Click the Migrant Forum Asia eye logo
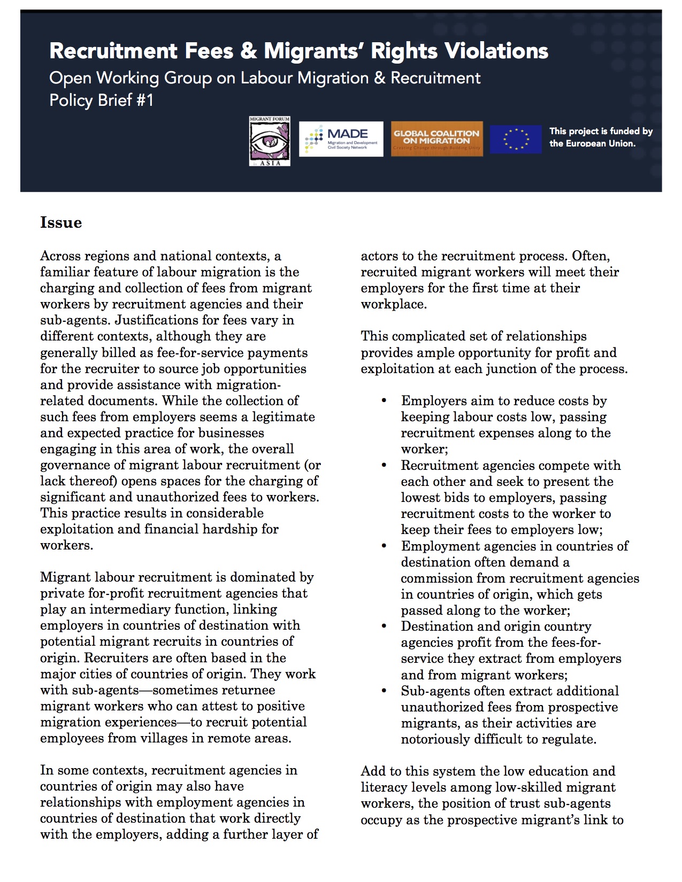pyautogui.click(x=270, y=141)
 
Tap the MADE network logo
pyautogui.click(x=341, y=139)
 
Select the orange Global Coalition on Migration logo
pyautogui.click(x=436, y=139)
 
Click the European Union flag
pyautogui.click(x=515, y=139)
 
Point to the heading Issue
pyautogui.click(x=61, y=223)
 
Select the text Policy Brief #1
pyautogui.click(x=101, y=100)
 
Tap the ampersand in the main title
pyautogui.click(x=248, y=51)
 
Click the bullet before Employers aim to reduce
pyautogui.click(x=384, y=401)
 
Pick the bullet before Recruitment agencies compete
pyautogui.click(x=384, y=466)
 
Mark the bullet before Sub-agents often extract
pyautogui.click(x=384, y=691)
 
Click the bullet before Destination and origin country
pyautogui.click(x=384, y=626)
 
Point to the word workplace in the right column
pyautogui.click(x=393, y=305)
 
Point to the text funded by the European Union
pyautogui.click(x=601, y=137)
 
